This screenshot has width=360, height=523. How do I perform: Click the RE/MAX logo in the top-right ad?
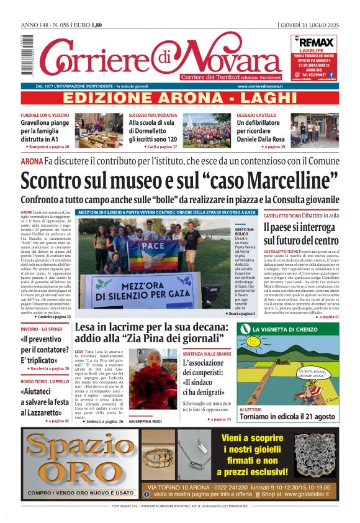coord(315,42)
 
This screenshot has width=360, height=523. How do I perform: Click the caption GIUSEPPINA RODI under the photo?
coord(145,421)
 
